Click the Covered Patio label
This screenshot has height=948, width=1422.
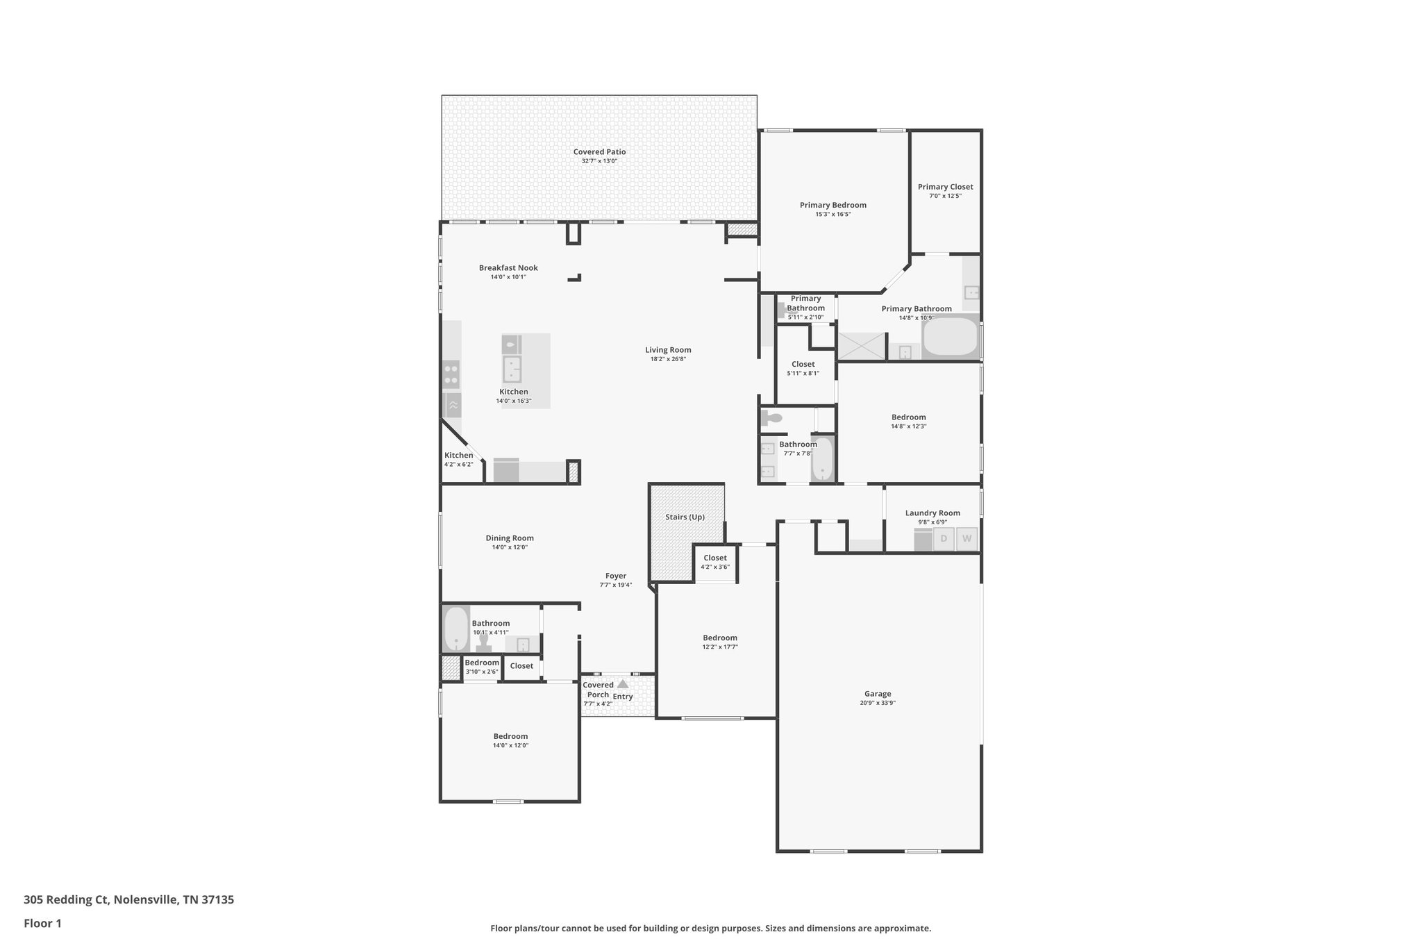(x=599, y=152)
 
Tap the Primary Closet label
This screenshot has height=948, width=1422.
(x=945, y=187)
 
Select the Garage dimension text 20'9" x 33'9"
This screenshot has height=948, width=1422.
(x=878, y=703)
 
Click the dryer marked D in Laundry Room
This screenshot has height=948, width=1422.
(x=944, y=539)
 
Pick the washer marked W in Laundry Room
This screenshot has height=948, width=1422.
(x=967, y=539)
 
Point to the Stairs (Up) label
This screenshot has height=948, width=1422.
(x=685, y=517)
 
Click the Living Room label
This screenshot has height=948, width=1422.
(x=668, y=350)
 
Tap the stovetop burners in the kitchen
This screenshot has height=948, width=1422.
(x=451, y=374)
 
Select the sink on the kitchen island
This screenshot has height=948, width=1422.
(x=512, y=370)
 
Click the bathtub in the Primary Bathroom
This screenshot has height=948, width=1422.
(x=950, y=338)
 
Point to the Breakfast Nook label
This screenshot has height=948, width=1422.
(x=508, y=268)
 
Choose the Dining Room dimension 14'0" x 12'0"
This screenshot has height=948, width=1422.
(x=510, y=547)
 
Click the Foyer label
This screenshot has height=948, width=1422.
(x=616, y=576)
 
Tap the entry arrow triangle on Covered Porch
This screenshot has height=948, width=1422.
(x=623, y=684)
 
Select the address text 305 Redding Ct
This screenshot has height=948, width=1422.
(x=66, y=900)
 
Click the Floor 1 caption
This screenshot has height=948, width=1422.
(x=42, y=924)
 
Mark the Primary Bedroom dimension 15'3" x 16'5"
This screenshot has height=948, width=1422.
(x=833, y=215)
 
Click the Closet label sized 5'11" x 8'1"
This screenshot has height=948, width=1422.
(x=803, y=365)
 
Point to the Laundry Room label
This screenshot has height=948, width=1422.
(x=932, y=513)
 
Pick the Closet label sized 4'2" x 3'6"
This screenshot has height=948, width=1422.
(x=715, y=558)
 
